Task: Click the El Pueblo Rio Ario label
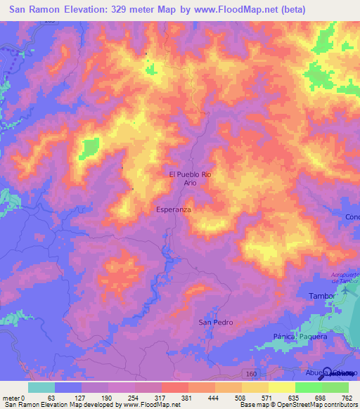point(190,178)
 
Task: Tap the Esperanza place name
point(174,209)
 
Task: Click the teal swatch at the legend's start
point(41,387)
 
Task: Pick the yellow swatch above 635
point(282,387)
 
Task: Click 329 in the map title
point(124,11)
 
